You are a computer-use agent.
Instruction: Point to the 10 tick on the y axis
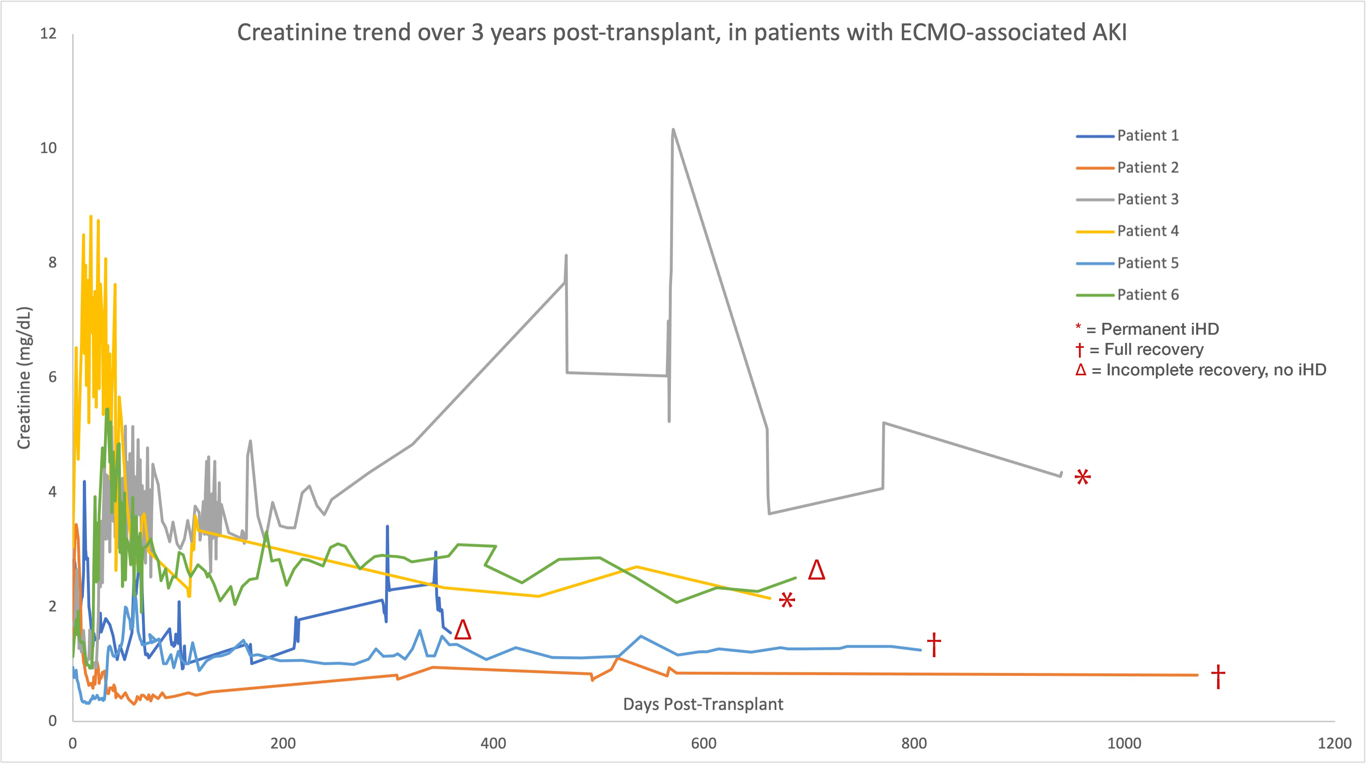click(x=48, y=148)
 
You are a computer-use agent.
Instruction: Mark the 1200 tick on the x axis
click(x=1334, y=743)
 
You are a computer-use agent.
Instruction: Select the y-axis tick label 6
click(x=52, y=377)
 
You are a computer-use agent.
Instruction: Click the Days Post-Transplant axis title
click(x=702, y=704)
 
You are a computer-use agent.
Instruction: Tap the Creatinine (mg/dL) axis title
click(x=24, y=378)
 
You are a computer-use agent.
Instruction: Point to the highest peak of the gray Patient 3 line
click(x=673, y=130)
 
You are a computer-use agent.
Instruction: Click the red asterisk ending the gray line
click(x=1082, y=477)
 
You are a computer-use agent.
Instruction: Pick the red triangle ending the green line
click(x=816, y=570)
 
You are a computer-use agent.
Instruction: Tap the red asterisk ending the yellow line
click(x=787, y=601)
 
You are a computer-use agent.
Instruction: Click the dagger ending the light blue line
click(x=934, y=644)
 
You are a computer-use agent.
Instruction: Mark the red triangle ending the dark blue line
click(x=463, y=630)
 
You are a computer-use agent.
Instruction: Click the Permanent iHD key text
click(x=1159, y=329)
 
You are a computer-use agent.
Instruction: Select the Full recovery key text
click(x=1154, y=349)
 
